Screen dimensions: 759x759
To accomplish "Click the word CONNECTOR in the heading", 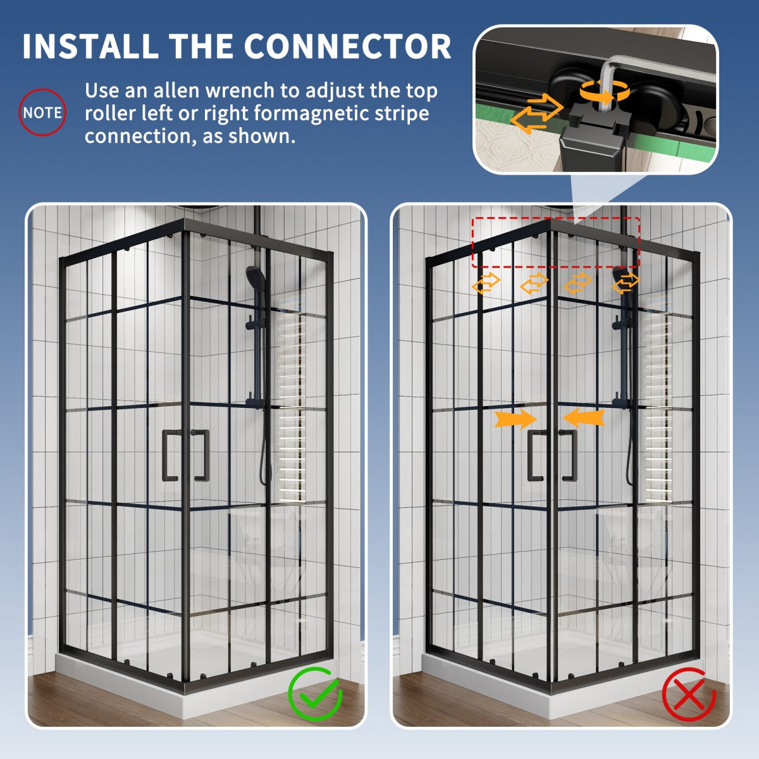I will point(347,46).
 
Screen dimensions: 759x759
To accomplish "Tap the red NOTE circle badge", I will point(42,113).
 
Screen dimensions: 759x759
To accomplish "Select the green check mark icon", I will point(315,694).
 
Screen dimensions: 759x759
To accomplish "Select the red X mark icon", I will point(689,694).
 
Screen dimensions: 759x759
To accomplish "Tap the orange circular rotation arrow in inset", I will point(605,92).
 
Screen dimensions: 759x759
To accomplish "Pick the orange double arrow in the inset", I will point(536,114).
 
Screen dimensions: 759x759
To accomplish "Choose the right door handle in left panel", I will point(201,455).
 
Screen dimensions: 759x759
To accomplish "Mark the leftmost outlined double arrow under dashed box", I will point(486,283).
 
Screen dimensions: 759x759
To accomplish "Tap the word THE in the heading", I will point(201,46).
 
